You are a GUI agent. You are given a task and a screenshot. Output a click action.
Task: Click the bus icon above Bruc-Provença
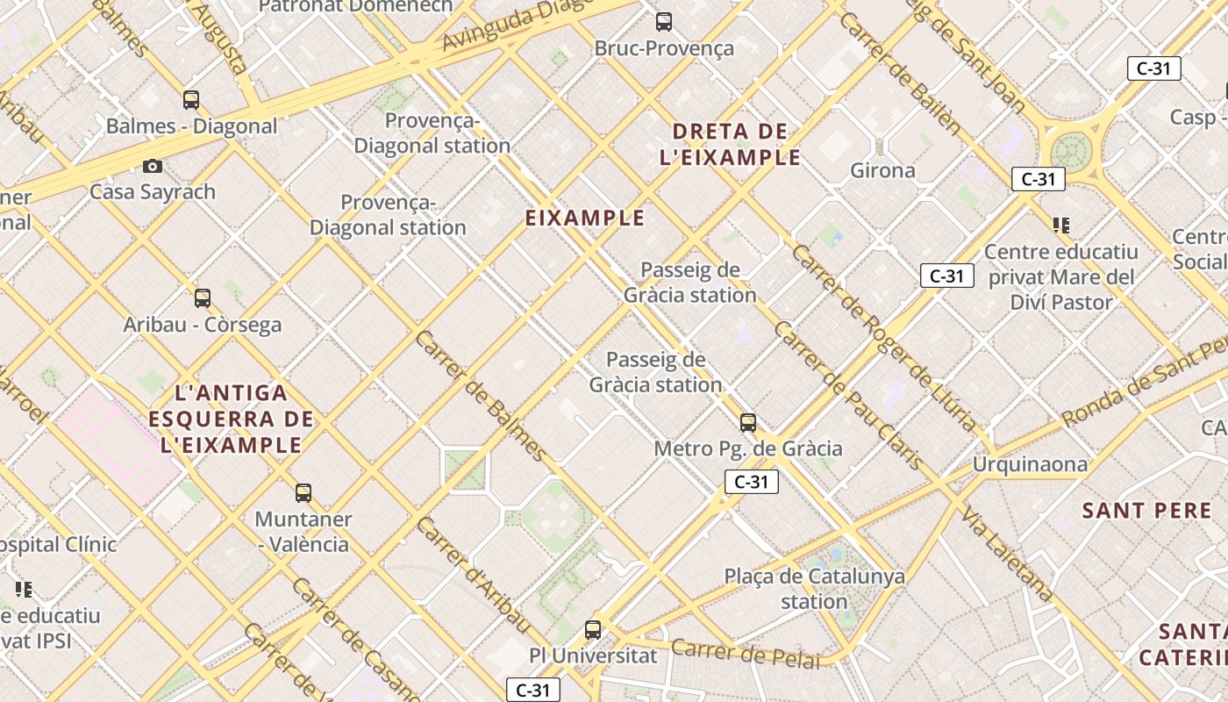(664, 22)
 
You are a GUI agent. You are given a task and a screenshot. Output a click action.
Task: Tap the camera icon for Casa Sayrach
(153, 166)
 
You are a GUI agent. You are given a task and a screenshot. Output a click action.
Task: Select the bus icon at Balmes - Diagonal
(191, 100)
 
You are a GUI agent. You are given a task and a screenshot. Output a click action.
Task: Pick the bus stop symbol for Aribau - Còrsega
(203, 298)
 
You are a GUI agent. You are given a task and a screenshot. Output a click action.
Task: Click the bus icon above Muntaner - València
(303, 493)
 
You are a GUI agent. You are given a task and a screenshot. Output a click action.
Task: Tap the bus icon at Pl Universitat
(593, 630)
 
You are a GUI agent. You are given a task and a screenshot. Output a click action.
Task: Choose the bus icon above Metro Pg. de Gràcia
(748, 423)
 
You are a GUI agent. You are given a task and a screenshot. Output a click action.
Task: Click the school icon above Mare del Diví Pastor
(1061, 226)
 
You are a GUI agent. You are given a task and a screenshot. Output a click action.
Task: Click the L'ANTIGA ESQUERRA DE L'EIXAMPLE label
(231, 419)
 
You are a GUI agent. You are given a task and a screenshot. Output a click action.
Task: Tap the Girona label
(882, 170)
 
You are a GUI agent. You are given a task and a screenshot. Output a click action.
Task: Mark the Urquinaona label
(1030, 464)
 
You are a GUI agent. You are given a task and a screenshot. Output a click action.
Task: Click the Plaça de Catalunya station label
(814, 589)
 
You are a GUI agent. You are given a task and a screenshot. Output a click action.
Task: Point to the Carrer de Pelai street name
(746, 654)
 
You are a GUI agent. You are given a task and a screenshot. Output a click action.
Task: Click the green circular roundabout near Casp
(1071, 152)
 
